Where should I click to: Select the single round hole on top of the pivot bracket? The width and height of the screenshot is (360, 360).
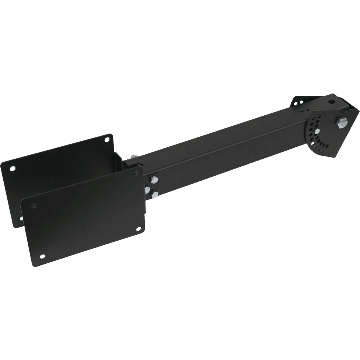[332, 101]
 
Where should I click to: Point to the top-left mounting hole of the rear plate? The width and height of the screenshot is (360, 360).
[13, 168]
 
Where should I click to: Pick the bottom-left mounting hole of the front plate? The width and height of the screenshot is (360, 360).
[43, 256]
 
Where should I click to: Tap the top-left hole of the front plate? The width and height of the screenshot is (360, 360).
[33, 205]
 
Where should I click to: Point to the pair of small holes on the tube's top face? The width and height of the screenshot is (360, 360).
[305, 110]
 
